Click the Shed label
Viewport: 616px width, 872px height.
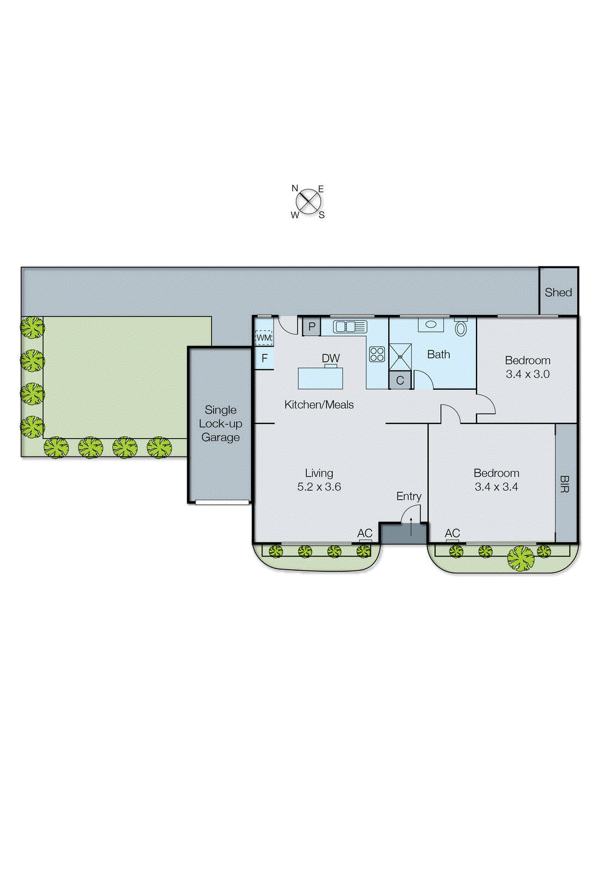coord(558,292)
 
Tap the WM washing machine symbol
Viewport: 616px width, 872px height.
coord(264,338)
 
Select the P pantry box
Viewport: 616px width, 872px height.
coord(312,327)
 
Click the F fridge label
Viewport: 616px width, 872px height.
coord(265,359)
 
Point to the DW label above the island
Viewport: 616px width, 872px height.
coord(331,358)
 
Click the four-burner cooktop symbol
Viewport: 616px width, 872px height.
coord(377,354)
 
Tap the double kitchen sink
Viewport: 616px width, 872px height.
coord(350,327)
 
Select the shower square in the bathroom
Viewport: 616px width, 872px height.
coord(400,357)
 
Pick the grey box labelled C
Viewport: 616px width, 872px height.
coord(400,380)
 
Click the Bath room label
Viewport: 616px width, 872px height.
coord(438,354)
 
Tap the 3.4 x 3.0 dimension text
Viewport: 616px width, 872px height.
coord(527,374)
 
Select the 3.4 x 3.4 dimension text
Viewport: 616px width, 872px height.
coord(496,487)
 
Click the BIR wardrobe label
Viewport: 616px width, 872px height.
coord(565,484)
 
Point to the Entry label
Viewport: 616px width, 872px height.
coord(408,496)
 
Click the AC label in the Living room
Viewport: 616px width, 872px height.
coord(365,533)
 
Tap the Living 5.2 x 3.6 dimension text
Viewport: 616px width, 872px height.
coord(319,487)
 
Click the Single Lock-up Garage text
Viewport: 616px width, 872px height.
coord(221,423)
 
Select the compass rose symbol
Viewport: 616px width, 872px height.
coord(309,202)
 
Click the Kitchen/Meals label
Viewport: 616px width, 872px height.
coord(319,404)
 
